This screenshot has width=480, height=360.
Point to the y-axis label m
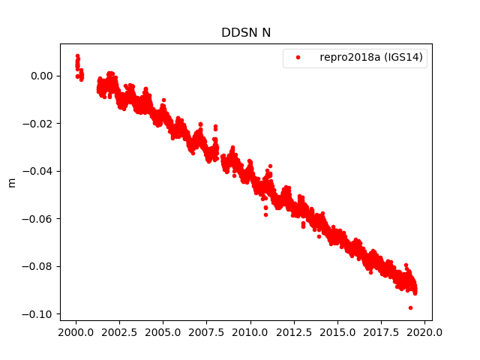tap(11, 182)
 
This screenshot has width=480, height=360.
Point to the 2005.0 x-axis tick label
tap(163, 332)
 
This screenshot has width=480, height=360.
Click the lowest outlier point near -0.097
tap(410, 307)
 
